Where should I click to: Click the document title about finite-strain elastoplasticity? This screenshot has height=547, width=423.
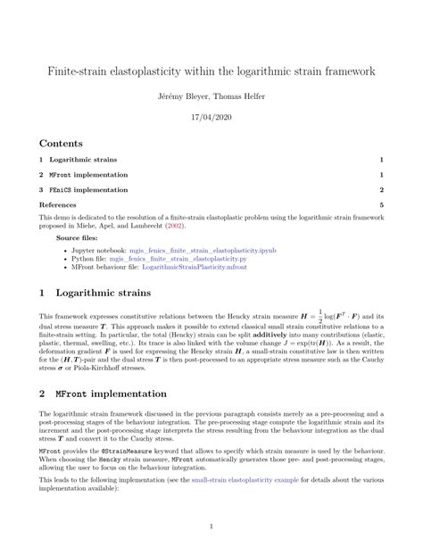tap(211, 70)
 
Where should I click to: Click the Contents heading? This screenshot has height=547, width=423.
tap(61, 143)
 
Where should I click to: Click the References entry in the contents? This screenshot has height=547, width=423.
tap(58, 205)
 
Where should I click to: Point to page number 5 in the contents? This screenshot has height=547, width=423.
tap(381, 205)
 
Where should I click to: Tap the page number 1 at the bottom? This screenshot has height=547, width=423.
tap(211, 526)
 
